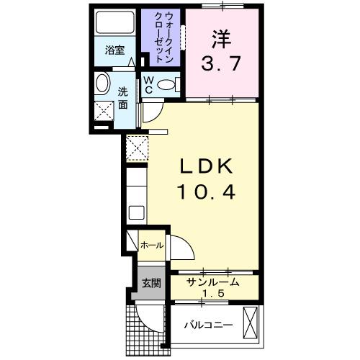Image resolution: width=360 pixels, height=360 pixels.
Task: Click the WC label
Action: [x=147, y=84]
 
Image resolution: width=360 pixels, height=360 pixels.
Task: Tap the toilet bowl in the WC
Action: [x=166, y=85]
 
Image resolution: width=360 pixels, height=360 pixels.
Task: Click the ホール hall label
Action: [x=151, y=245]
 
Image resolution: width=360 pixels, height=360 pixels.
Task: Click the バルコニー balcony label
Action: [x=207, y=325]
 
